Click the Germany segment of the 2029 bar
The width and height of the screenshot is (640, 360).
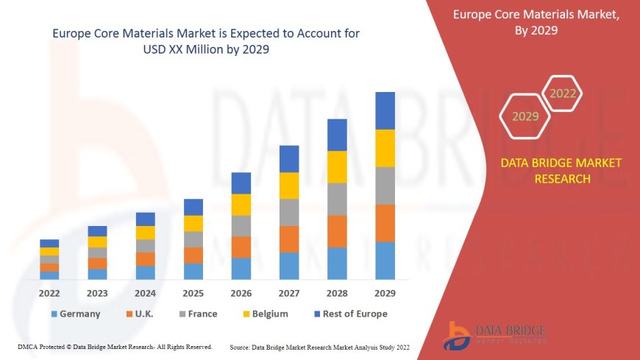[x=385, y=261]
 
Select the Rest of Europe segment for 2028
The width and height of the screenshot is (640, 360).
[x=337, y=135]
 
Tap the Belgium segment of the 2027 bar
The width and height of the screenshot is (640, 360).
[x=289, y=186]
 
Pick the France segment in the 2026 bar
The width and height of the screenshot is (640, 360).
[x=241, y=225]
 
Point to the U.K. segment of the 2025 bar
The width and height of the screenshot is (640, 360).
[x=193, y=255]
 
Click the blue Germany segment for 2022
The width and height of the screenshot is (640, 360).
[x=49, y=275]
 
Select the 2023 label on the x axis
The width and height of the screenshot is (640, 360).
[x=97, y=293]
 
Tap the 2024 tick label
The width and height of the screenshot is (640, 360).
[x=146, y=293]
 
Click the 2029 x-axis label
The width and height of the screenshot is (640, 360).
[x=385, y=293]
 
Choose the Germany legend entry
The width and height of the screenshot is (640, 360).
[x=75, y=314]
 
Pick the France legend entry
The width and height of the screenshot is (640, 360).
[x=196, y=314]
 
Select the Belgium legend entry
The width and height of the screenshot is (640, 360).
[x=264, y=314]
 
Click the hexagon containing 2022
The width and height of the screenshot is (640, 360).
[x=563, y=93]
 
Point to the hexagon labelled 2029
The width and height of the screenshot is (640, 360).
[x=525, y=116]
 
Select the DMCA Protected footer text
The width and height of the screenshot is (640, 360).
[x=115, y=346]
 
